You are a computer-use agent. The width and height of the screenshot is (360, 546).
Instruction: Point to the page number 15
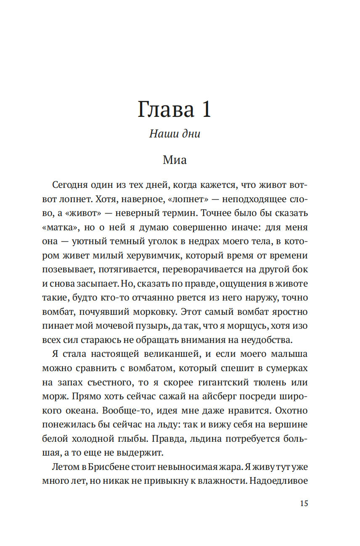[x=304, y=504]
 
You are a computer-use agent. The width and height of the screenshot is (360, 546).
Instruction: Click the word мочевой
[x=119, y=327]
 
